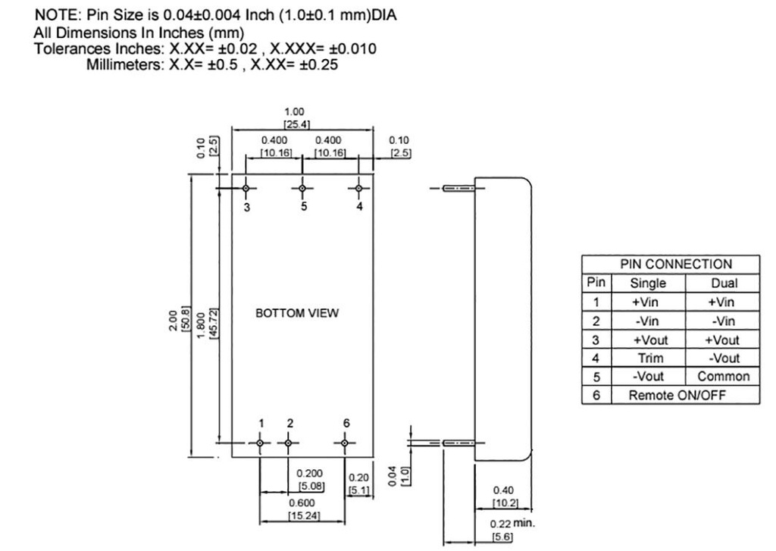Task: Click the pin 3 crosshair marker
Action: pos(246,188)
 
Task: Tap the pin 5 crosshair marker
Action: pos(302,188)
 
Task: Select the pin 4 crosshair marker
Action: pos(359,188)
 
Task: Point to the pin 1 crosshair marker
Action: pos(260,443)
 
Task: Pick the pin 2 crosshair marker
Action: pos(288,443)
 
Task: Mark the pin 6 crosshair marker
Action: pos(345,443)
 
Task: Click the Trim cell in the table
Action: pos(648,358)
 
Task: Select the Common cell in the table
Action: pos(724,377)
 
